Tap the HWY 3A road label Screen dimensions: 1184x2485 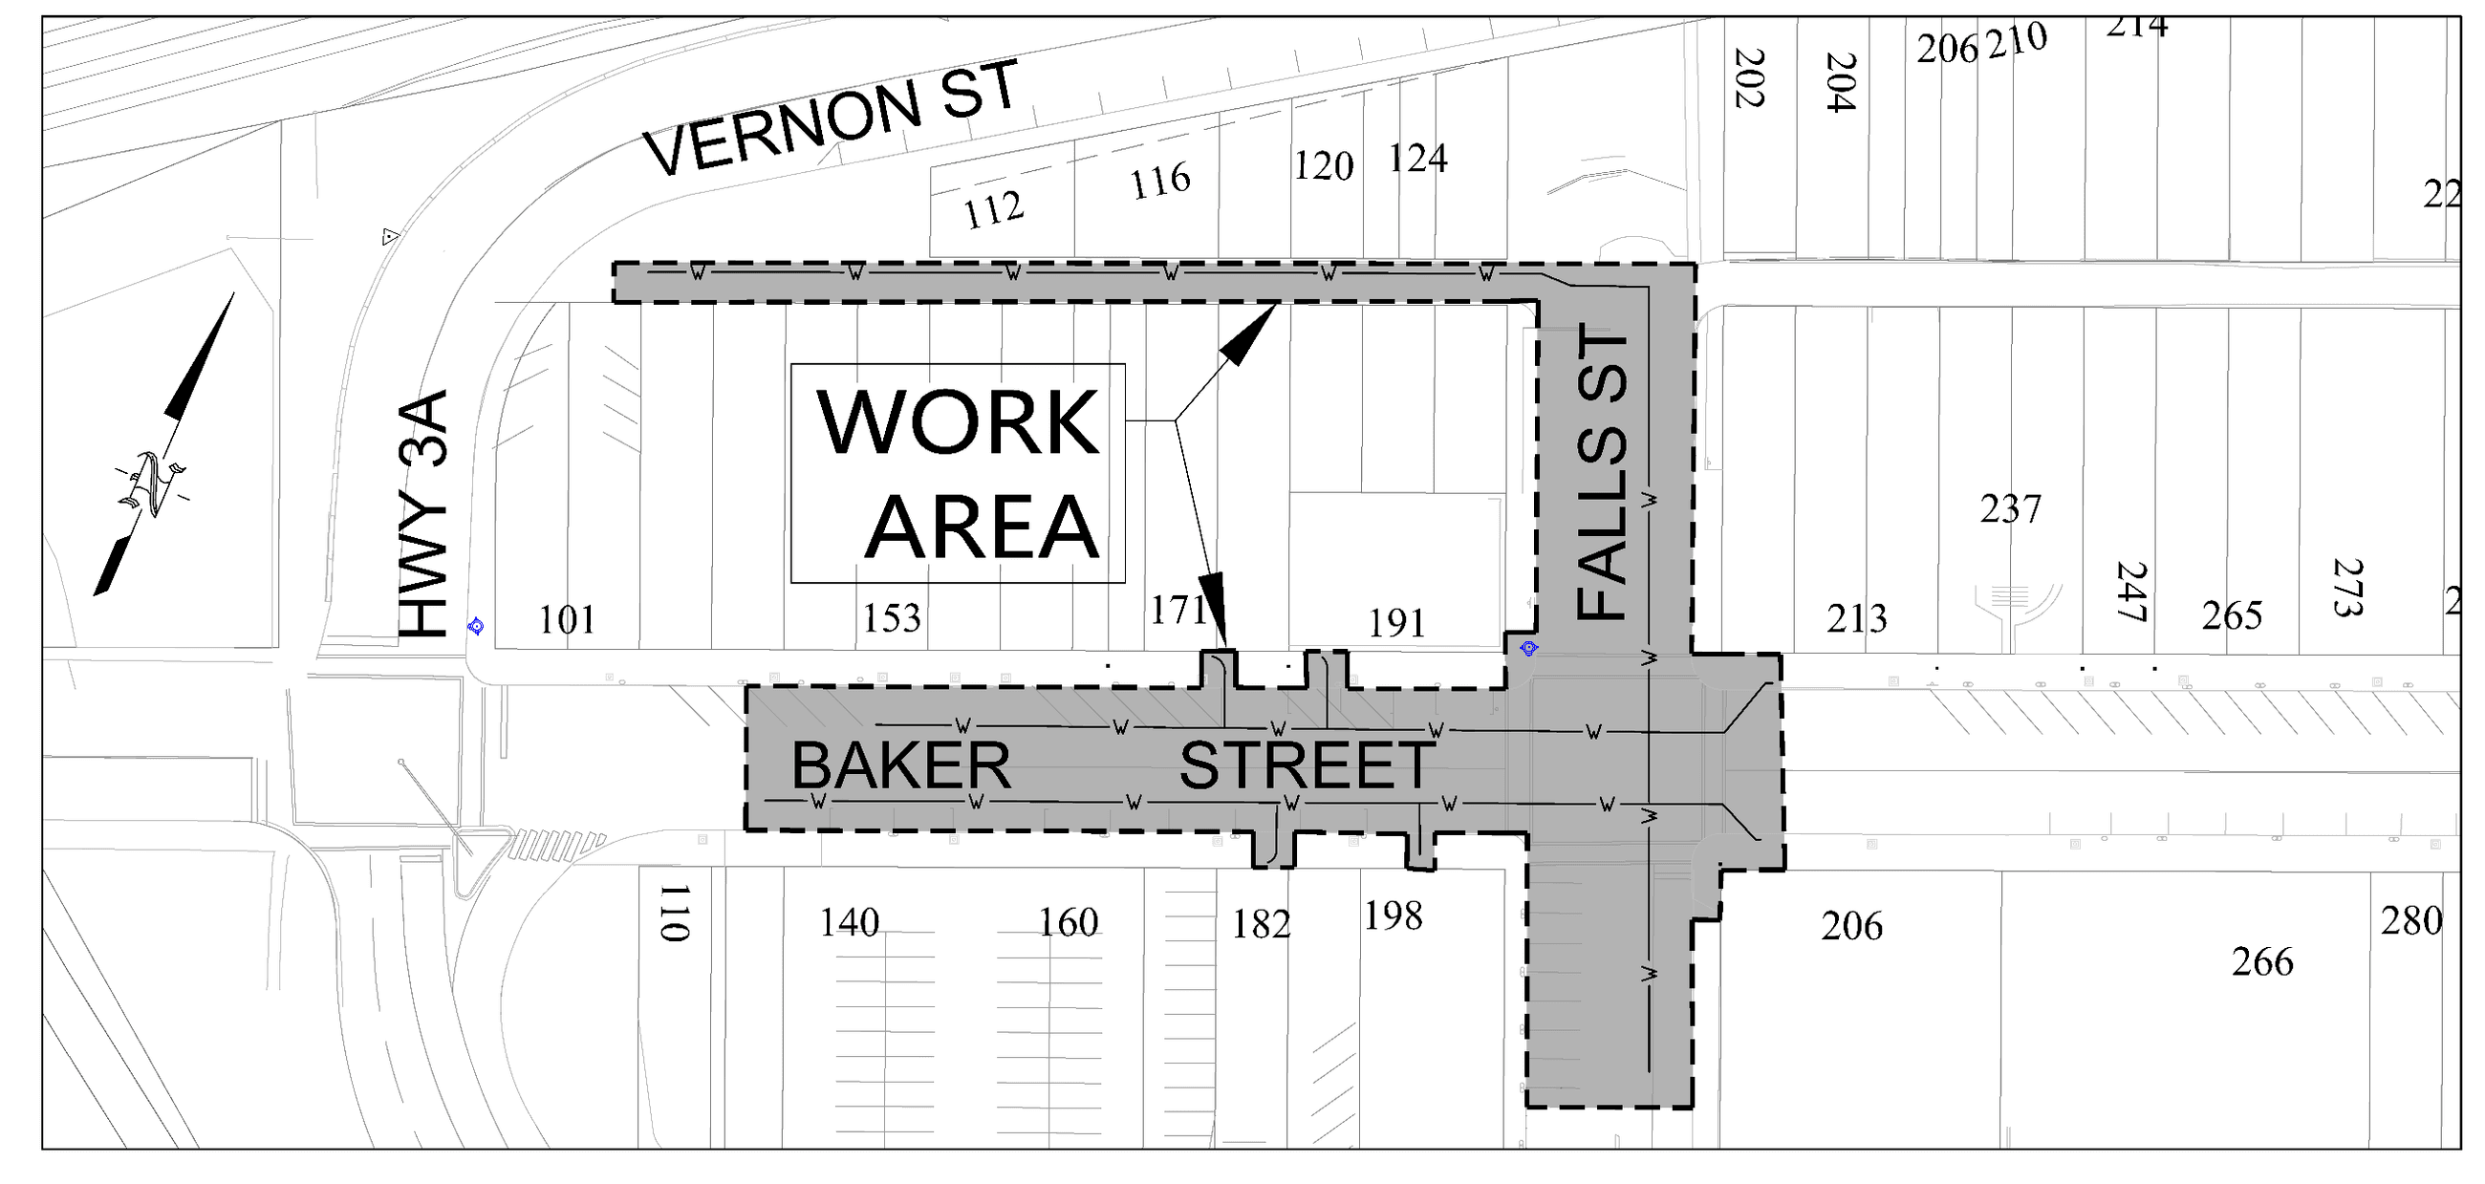click(424, 514)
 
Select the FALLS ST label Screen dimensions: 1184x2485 click(1602, 472)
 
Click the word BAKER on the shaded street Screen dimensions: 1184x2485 click(901, 766)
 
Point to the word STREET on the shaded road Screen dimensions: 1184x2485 click(1307, 766)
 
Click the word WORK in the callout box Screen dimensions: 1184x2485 click(958, 423)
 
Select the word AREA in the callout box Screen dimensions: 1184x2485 click(982, 527)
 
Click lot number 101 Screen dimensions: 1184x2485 click(566, 620)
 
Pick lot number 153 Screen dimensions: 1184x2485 click(892, 618)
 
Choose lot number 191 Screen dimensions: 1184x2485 click(1396, 624)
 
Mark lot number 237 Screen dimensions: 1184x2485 click(2010, 509)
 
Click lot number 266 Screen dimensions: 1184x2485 click(2262, 962)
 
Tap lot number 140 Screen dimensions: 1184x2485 click(849, 923)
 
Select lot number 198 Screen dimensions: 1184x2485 click(1393, 916)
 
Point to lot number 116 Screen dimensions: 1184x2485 click(1160, 182)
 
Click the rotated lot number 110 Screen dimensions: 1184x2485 click(675, 912)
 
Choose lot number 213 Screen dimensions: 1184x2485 click(1856, 618)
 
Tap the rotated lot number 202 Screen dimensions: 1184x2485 click(1749, 79)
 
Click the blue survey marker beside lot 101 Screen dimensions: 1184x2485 click(476, 627)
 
